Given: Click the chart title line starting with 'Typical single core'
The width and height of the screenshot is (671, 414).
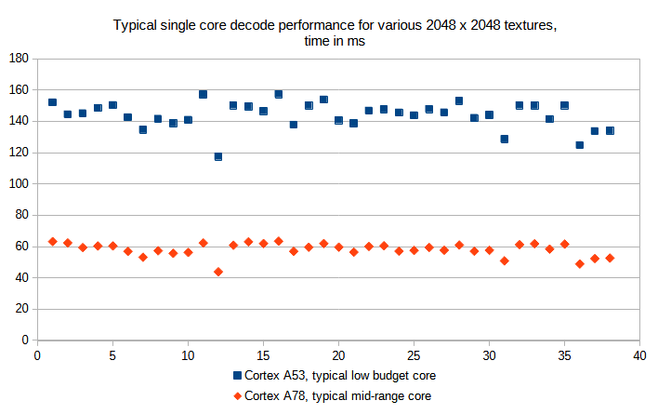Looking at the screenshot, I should (x=335, y=24).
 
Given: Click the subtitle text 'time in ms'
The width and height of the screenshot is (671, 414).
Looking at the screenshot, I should (x=335, y=41).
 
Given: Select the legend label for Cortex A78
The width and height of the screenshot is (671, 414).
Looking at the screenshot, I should (x=338, y=395).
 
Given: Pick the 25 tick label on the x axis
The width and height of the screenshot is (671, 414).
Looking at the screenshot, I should (x=414, y=354).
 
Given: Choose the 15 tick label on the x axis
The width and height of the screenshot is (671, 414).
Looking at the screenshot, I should (x=263, y=354).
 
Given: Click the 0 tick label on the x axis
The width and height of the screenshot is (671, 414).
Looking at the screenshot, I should (x=37, y=354).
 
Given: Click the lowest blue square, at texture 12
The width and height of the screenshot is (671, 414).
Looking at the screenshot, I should (x=218, y=156).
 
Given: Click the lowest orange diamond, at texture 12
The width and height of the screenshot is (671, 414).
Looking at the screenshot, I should (x=218, y=272).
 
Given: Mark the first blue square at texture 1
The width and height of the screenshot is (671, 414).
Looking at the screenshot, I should (x=52, y=102).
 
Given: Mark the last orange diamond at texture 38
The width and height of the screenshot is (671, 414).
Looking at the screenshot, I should (x=610, y=258).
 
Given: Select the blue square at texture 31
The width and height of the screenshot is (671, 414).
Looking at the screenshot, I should (x=505, y=139).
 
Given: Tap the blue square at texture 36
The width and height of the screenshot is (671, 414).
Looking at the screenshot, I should (x=580, y=145).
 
